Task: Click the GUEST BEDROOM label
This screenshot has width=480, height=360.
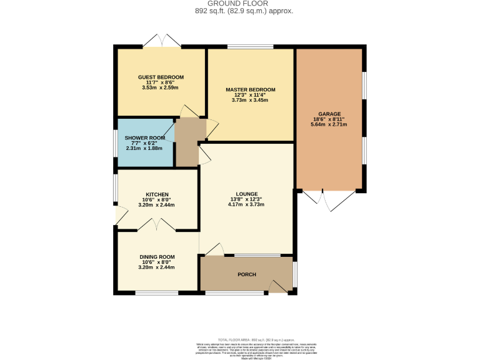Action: [161, 77]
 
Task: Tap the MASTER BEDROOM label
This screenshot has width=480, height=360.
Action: [250, 89]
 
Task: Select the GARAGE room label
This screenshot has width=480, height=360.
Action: [329, 114]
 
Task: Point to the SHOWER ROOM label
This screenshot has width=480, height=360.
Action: [144, 137]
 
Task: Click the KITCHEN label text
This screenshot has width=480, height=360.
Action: [158, 194]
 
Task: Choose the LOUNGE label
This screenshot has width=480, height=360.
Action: [247, 194]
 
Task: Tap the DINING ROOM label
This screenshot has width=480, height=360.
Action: [157, 256]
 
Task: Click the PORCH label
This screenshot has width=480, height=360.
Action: [247, 274]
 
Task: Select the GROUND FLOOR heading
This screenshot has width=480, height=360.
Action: [240, 4]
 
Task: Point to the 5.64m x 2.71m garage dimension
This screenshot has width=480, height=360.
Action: [329, 124]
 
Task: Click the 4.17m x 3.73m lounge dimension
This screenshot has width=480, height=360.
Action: [247, 204]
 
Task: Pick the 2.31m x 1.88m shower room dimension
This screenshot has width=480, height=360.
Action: [144, 148]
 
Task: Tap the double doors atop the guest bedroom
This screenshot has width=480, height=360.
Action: [162, 41]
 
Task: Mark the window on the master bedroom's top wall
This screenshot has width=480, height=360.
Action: [250, 47]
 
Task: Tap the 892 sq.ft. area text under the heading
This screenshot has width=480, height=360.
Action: [240, 11]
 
